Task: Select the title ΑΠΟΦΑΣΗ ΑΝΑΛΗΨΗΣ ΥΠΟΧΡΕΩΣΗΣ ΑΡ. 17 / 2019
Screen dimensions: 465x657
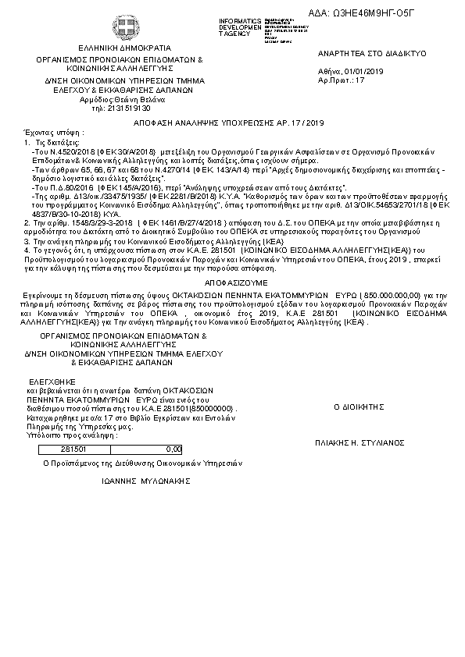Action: (x=232, y=123)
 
